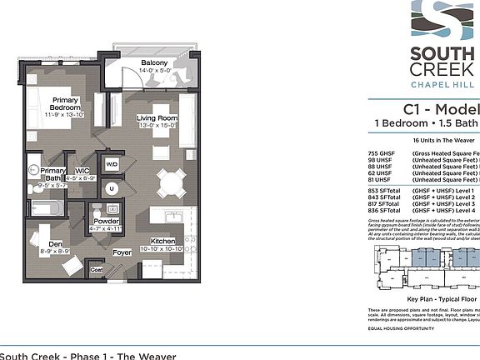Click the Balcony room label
point(154,64)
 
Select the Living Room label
point(157,119)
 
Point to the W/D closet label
point(112,164)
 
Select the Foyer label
point(122,251)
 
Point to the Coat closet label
point(97,270)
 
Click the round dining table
point(171,182)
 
